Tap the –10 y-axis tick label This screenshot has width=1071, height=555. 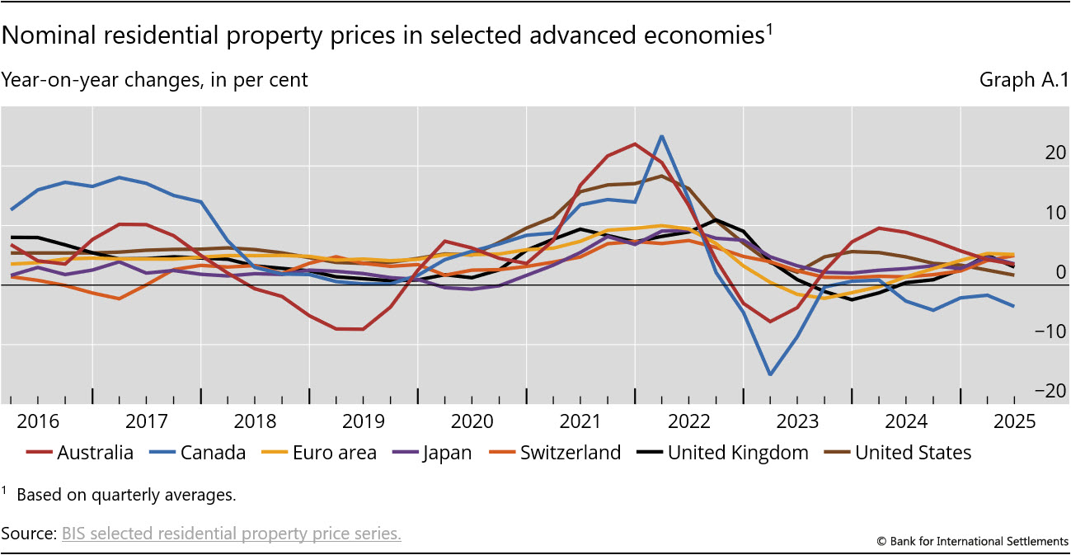(x=1031, y=332)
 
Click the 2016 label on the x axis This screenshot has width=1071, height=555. (x=39, y=421)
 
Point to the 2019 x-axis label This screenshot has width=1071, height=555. (x=364, y=421)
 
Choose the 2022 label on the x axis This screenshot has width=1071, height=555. (x=689, y=421)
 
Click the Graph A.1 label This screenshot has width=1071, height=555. (x=1022, y=80)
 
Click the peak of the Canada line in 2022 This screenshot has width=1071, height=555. (x=661, y=136)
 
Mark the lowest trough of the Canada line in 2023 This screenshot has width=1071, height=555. (x=770, y=374)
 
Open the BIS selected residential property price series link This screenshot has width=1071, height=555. (x=232, y=534)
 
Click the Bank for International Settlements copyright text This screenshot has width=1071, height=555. (x=973, y=541)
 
